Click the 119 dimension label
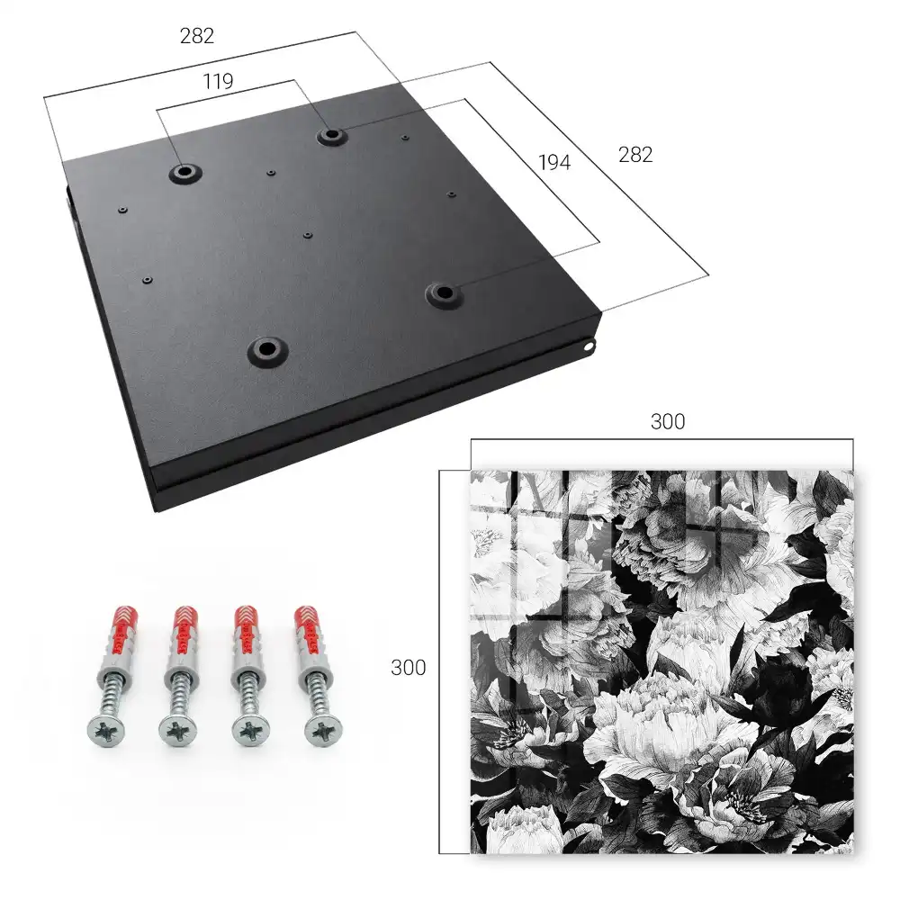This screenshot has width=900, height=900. point(218,82)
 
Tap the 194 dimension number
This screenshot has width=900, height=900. point(554,163)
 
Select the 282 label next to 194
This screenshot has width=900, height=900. point(635,155)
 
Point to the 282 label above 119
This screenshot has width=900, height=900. point(197,36)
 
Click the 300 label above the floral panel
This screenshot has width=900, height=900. point(668,422)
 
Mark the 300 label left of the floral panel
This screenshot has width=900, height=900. point(408,668)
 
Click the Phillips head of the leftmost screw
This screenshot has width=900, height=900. point(106,731)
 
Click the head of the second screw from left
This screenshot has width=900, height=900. point(176,731)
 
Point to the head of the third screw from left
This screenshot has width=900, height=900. point(250,731)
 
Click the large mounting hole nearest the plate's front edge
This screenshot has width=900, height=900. point(267,349)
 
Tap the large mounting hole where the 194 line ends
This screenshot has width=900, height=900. point(444,293)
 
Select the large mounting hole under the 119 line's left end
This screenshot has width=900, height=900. point(184,172)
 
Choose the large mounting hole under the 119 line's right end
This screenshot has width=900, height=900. point(330,136)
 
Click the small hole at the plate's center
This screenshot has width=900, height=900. point(308,235)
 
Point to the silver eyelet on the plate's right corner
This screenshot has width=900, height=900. point(589,346)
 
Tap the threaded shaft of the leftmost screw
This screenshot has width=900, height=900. point(112,694)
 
